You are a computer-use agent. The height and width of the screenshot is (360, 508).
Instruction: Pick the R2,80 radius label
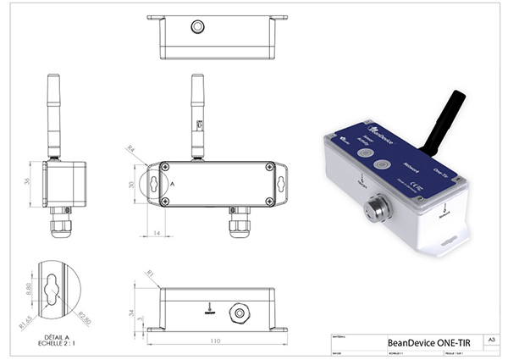pos(84,318)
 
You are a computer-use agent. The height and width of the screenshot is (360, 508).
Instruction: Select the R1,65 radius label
pos(26,319)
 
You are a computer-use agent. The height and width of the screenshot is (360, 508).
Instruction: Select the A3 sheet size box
pos(490,340)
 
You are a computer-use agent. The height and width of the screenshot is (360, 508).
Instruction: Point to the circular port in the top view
pos(197,26)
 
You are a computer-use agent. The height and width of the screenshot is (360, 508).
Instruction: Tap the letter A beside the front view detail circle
pos(171,184)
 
